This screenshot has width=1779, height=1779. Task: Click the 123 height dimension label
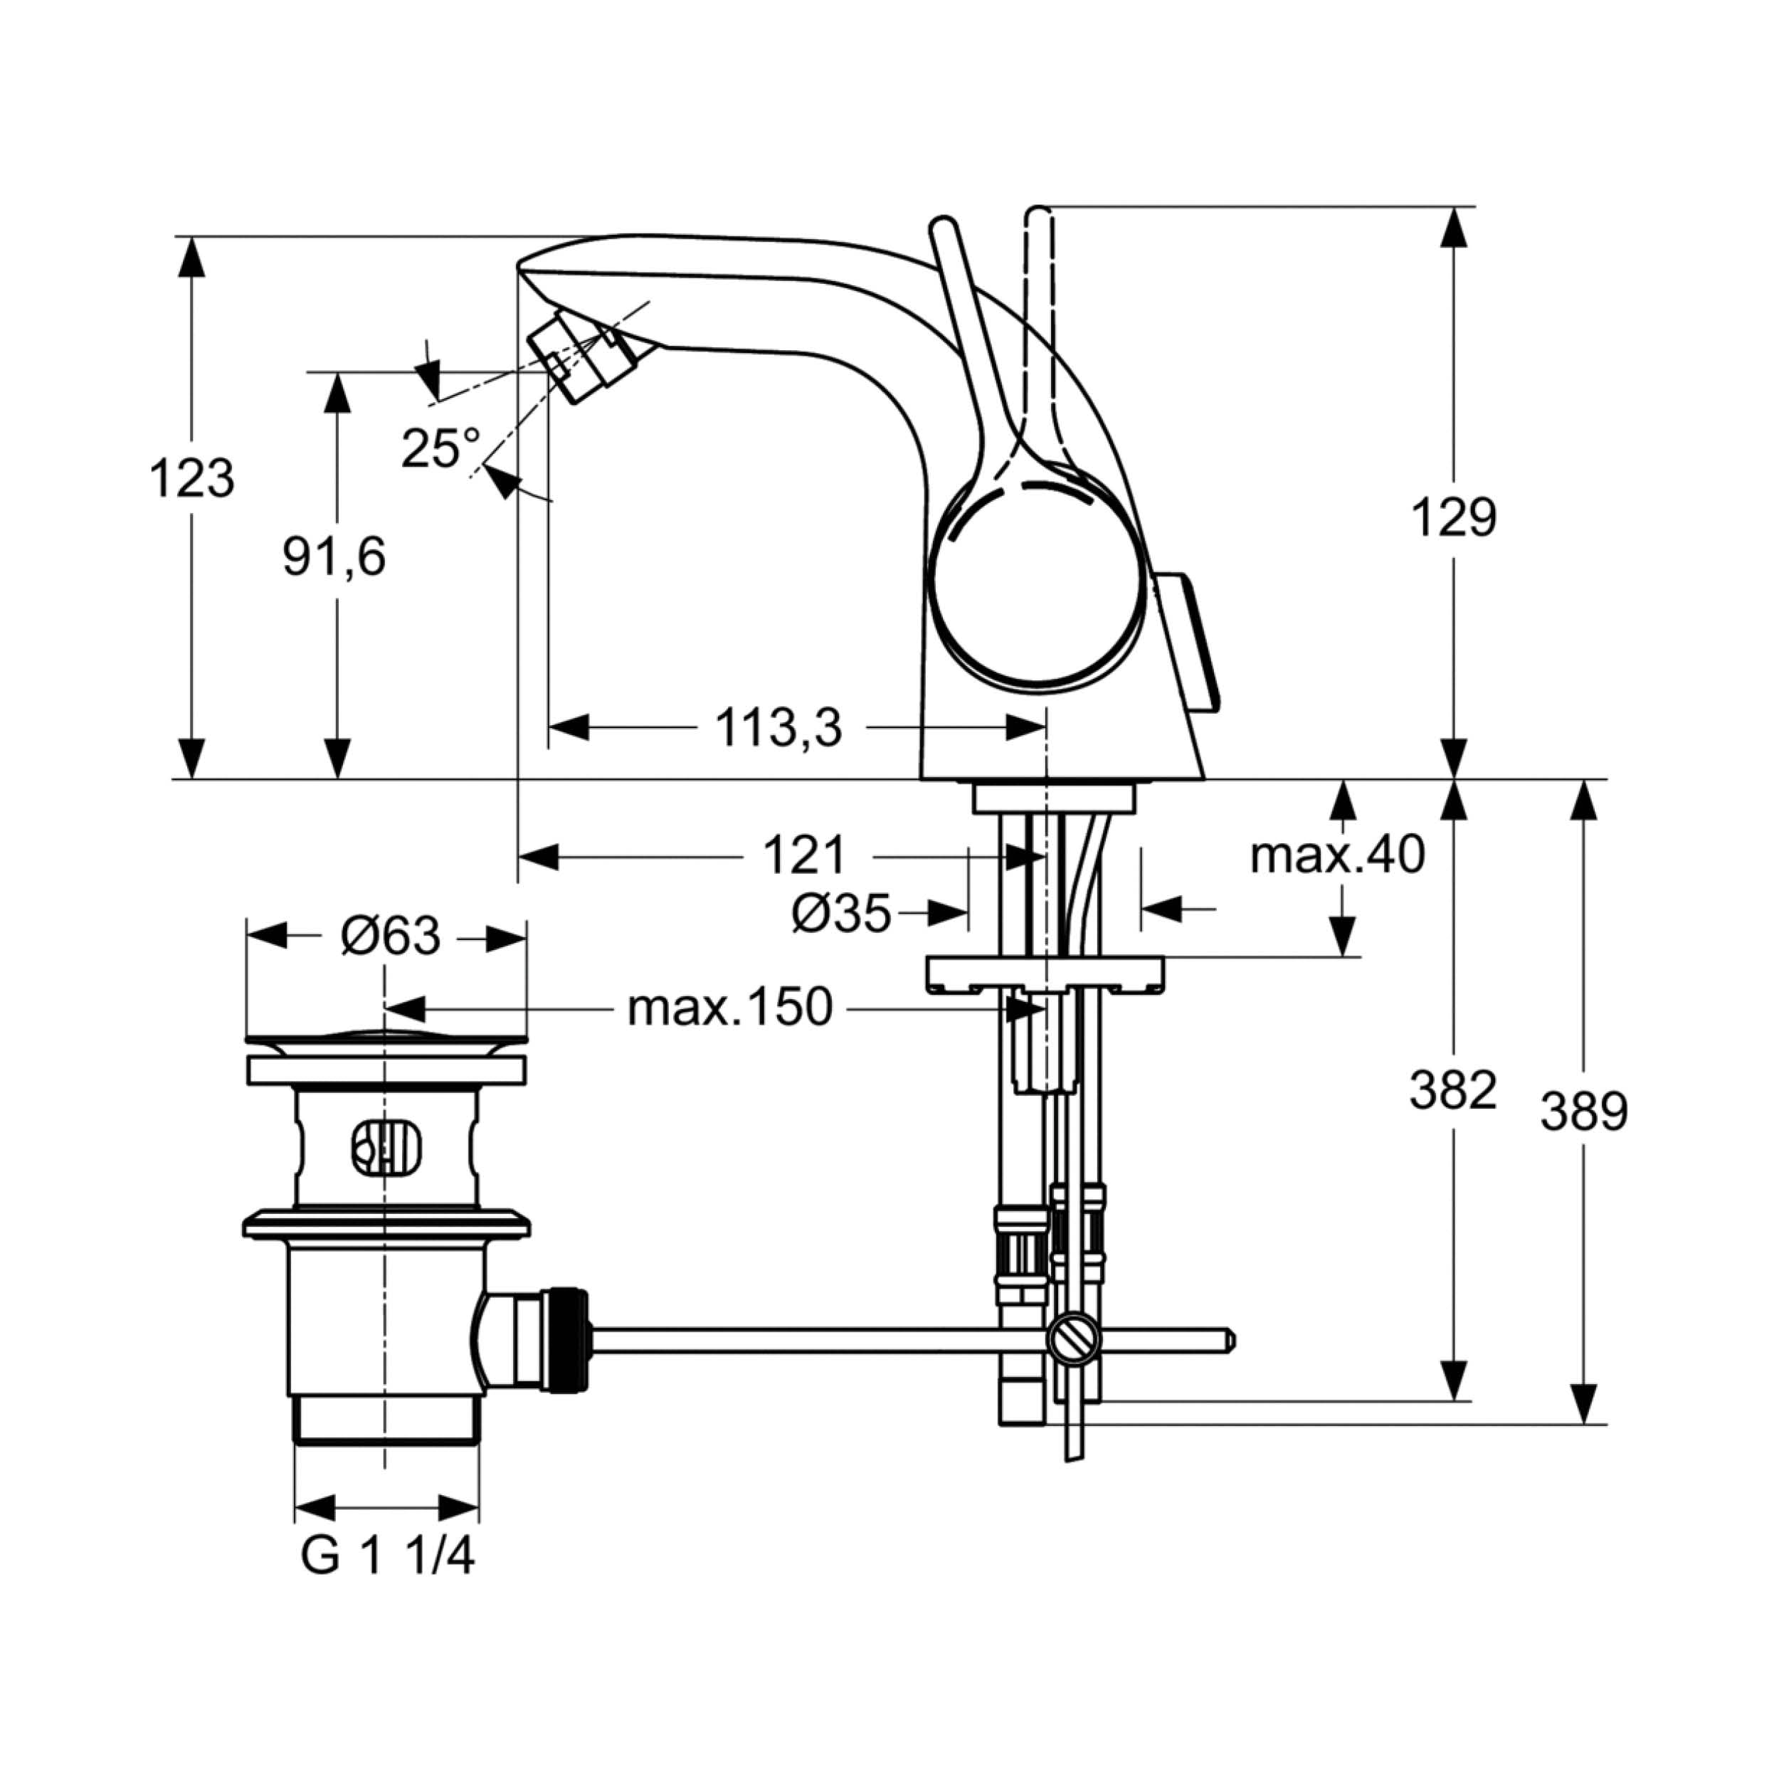click(x=191, y=479)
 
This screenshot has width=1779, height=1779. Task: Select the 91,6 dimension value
click(x=333, y=557)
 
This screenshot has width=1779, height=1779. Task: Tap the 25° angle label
click(x=441, y=448)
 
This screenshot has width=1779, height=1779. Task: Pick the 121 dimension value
click(x=804, y=856)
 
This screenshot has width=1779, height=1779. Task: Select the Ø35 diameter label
click(x=840, y=914)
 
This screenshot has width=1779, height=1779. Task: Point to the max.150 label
click(x=729, y=1008)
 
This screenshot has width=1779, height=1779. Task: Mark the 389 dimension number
click(x=1585, y=1112)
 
